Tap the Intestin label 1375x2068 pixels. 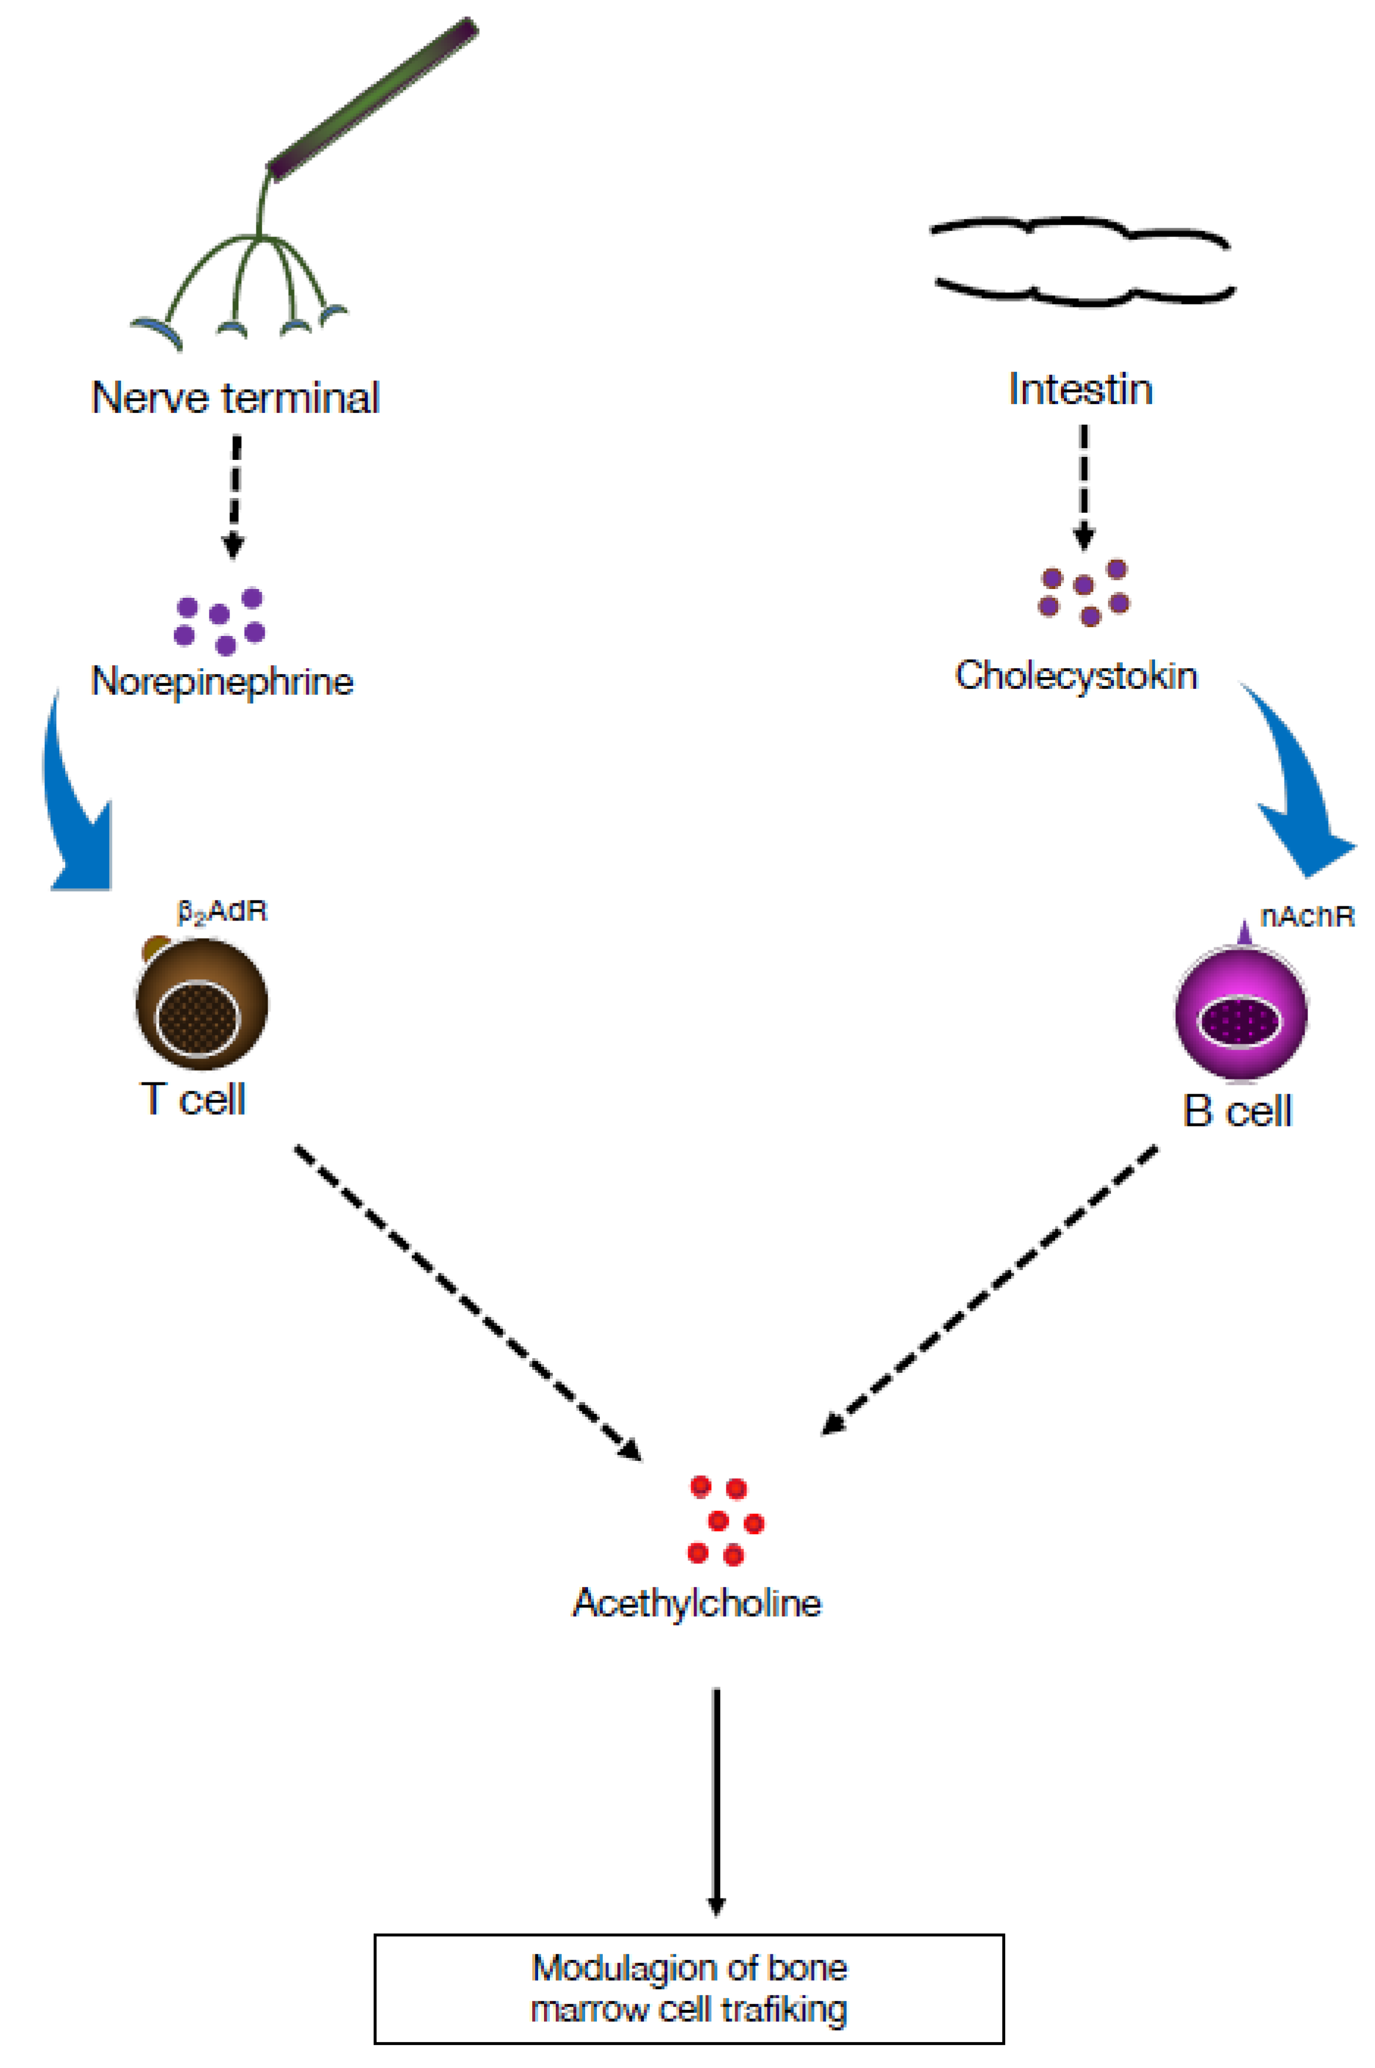1080,389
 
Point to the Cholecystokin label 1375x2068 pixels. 1076,676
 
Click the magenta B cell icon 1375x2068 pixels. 1241,1013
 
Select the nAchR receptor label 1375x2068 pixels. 1306,916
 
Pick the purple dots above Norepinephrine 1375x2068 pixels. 219,621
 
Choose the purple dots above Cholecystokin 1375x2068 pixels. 1084,592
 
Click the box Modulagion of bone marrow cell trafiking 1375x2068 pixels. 688,1989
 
